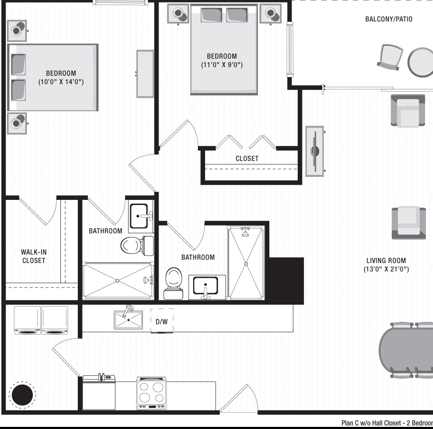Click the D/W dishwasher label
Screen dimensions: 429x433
point(162,322)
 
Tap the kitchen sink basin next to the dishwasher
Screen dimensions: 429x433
point(129,320)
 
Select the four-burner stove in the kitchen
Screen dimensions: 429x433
point(151,393)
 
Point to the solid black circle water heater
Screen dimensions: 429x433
point(22,395)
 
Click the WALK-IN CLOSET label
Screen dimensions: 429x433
point(34,256)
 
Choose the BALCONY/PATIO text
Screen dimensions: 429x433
point(389,19)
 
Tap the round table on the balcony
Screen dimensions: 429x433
point(421,62)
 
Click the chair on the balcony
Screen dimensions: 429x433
point(389,57)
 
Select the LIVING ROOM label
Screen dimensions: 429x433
point(386,261)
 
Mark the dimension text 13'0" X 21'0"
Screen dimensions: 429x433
point(386,269)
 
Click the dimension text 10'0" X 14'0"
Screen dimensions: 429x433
point(61,82)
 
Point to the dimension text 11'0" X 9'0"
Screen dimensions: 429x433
point(222,65)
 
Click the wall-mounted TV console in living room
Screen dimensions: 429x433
point(315,151)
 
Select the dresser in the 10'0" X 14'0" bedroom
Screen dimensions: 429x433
point(145,74)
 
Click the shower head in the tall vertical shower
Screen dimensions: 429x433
point(245,232)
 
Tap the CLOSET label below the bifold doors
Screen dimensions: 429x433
point(247,158)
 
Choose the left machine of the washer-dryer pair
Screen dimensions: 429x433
point(27,320)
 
